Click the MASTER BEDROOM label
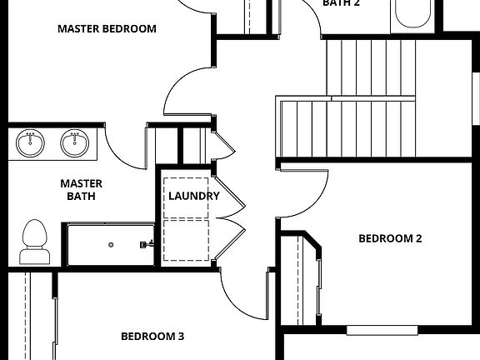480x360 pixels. [x=107, y=28]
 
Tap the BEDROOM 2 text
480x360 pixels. [x=390, y=238]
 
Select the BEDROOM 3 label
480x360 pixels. [x=152, y=337]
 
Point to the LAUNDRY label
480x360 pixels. [x=193, y=196]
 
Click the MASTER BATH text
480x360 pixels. [x=81, y=190]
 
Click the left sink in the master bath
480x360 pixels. [x=31, y=143]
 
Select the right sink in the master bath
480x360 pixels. [x=75, y=143]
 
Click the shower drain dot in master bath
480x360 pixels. [x=111, y=245]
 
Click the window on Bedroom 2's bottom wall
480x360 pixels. [x=382, y=330]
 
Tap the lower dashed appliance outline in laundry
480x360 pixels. [x=187, y=240]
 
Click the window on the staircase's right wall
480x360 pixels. [x=476, y=100]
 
